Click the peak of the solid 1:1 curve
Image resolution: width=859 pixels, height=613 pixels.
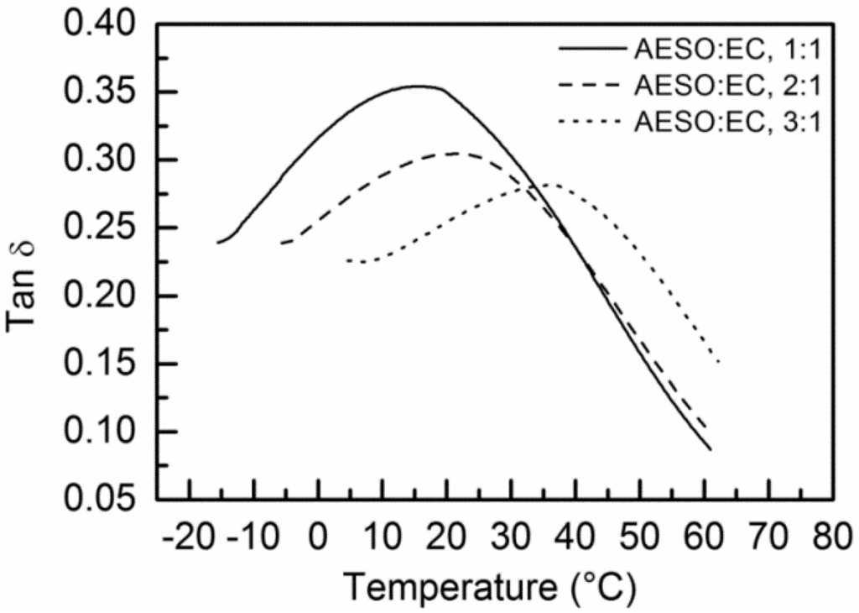pyautogui.click(x=417, y=86)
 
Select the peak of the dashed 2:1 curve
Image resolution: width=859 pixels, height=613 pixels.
pyautogui.click(x=455, y=153)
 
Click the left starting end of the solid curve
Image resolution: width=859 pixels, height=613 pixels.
pyautogui.click(x=217, y=243)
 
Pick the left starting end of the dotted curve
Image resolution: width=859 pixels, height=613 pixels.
pyautogui.click(x=346, y=260)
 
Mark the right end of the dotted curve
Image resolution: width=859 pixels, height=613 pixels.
pyautogui.click(x=720, y=363)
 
